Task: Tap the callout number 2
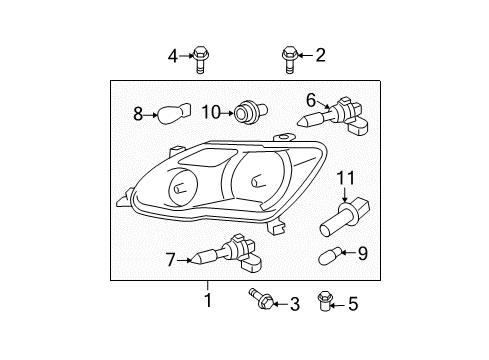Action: tap(321, 55)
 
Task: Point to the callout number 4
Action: tap(172, 55)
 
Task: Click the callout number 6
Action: tap(311, 99)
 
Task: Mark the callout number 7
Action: tap(171, 260)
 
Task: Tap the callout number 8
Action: tap(139, 114)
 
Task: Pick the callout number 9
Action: tap(362, 253)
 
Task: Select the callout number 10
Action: tap(210, 111)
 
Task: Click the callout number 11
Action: tap(346, 178)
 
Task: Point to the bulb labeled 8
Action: tap(171, 114)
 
